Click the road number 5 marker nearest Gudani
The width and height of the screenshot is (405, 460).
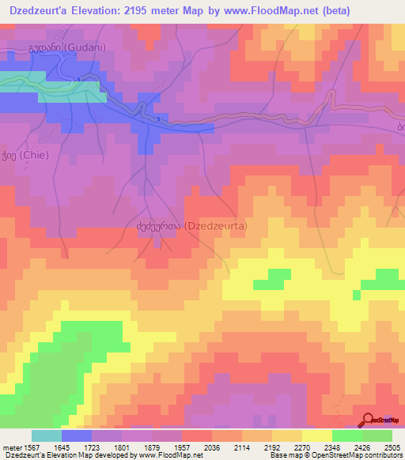pos(80,81)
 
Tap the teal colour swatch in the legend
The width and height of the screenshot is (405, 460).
pos(46,435)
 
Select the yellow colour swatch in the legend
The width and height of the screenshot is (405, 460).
pos(316,435)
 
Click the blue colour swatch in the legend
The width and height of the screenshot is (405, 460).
pos(76,435)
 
